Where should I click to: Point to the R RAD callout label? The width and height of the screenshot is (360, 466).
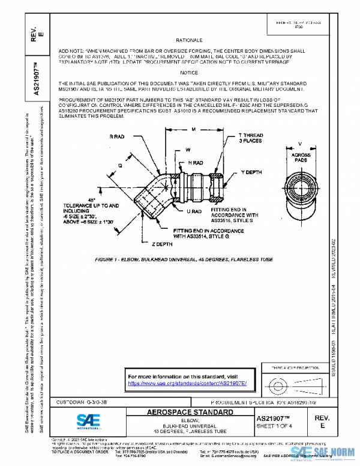tap(117, 137)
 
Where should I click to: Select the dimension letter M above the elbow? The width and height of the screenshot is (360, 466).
tap(193, 129)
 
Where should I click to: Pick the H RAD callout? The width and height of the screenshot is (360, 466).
tap(196, 163)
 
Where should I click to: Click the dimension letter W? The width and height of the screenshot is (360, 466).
tap(188, 148)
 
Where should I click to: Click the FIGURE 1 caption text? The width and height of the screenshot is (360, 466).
tap(184, 260)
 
